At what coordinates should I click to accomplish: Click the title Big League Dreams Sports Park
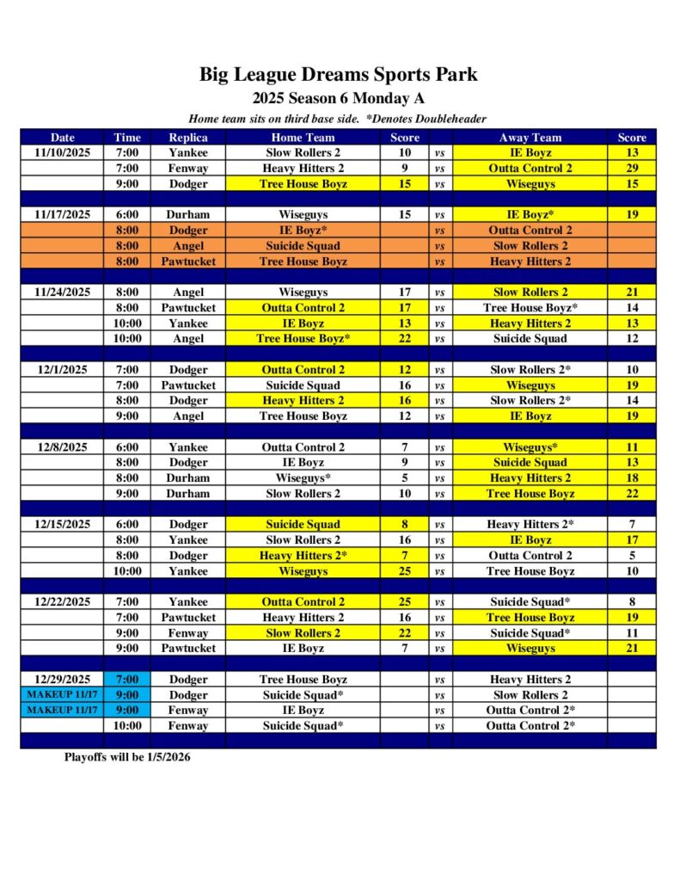point(339,74)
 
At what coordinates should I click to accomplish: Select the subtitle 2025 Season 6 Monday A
point(339,98)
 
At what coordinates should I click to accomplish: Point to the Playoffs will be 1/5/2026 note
point(127,757)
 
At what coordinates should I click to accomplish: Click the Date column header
point(63,137)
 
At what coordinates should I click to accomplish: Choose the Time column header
point(127,137)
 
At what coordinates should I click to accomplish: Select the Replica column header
point(187,137)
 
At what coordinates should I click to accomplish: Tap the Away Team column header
point(530,137)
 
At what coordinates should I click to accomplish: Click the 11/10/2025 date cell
point(63,152)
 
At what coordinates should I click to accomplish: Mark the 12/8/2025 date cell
point(63,447)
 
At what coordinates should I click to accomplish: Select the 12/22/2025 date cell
point(63,602)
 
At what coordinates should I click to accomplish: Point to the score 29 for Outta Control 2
point(632,168)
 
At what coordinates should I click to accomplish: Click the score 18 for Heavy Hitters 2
point(632,478)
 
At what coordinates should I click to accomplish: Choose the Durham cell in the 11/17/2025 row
point(187,214)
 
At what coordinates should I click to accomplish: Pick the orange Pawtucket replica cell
point(187,261)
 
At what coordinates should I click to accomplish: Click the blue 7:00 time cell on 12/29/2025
point(127,680)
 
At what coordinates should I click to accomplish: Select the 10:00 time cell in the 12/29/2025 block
point(127,726)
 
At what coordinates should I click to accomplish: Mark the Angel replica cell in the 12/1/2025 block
point(187,416)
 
